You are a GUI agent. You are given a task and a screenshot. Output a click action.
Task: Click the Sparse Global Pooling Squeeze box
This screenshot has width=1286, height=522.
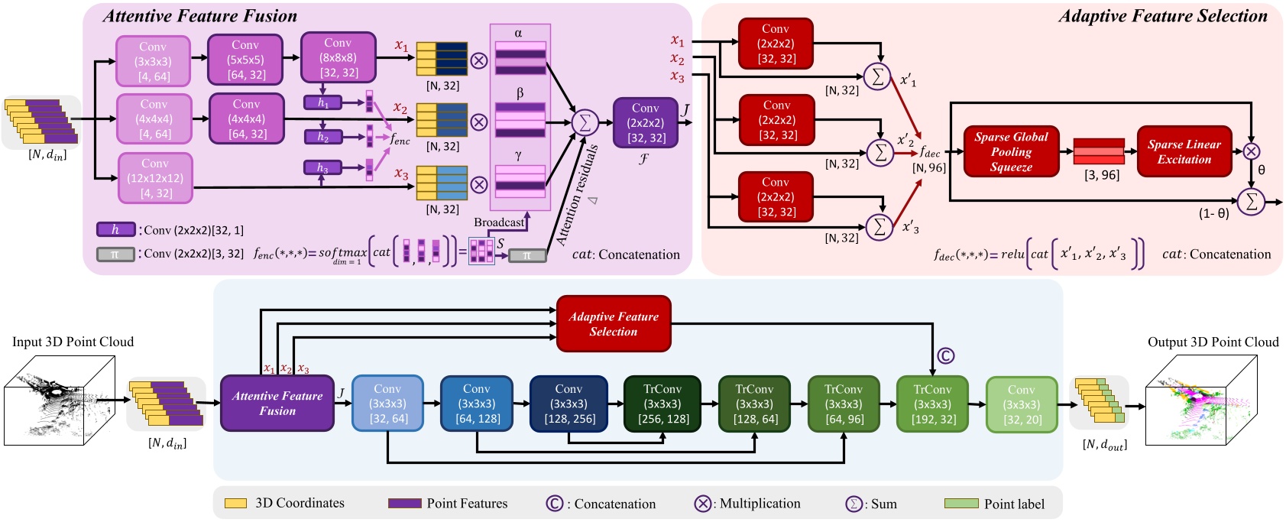1011,151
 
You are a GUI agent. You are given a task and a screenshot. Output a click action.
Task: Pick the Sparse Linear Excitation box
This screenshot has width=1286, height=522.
1184,151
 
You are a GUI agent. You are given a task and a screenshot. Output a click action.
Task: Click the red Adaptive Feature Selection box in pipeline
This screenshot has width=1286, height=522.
613,324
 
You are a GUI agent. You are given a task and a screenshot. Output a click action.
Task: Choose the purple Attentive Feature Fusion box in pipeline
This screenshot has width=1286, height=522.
277,403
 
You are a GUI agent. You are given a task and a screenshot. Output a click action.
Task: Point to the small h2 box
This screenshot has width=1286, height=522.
322,137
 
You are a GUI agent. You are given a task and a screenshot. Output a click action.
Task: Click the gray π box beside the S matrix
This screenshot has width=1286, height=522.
526,255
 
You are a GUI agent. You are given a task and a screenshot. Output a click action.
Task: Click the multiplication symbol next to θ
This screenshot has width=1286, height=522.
1252,151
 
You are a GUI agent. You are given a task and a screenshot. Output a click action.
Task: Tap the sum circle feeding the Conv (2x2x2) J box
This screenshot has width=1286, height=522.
585,122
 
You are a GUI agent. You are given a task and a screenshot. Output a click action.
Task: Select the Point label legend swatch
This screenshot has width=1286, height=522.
960,504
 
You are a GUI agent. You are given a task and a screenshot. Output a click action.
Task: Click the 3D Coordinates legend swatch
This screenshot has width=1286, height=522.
235,504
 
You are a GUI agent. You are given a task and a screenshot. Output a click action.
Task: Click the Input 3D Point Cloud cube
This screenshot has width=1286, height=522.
60,400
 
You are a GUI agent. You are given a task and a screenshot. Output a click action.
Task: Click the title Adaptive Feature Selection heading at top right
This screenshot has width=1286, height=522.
1162,16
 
